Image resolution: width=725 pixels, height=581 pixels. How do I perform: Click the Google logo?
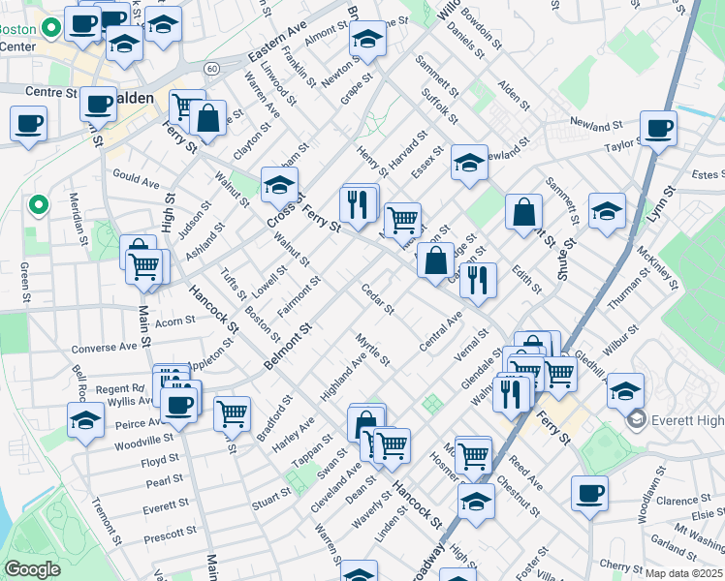coord(33,569)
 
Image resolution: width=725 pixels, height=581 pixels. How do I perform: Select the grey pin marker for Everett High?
coord(637,418)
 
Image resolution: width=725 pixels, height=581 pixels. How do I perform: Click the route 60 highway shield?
coord(210,68)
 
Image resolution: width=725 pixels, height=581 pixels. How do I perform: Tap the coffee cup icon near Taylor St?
coord(658,128)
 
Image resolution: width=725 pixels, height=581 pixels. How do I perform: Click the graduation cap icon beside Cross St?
coord(279,184)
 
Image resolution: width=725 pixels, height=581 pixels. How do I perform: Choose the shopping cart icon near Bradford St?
coord(232,413)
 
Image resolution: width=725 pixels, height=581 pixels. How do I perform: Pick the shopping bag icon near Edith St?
coord(523,212)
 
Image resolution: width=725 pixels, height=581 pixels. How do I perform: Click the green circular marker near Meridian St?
coord(38,204)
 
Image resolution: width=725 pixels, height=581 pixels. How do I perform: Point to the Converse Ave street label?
coord(105,347)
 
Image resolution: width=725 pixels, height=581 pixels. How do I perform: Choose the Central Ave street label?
coord(440,332)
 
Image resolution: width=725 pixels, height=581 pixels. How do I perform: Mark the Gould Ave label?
coord(136,182)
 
